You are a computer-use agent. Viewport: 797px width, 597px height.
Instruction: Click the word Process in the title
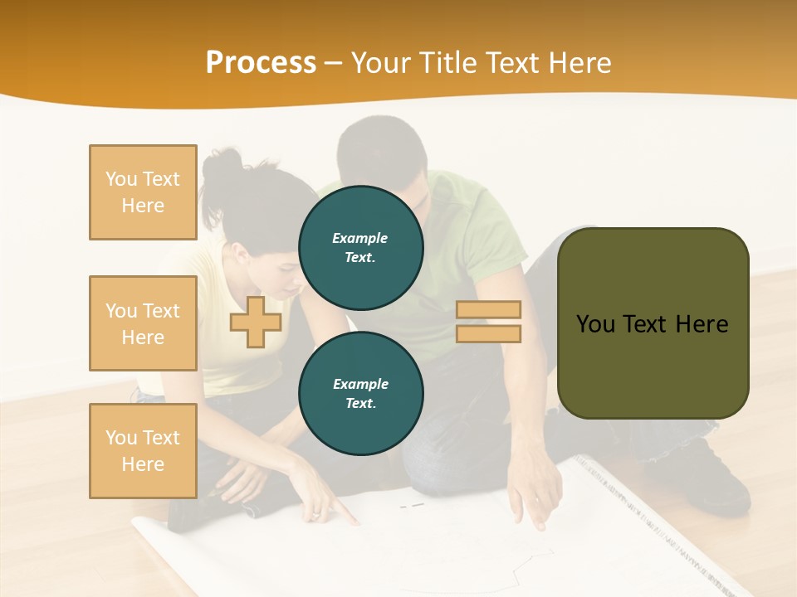click(x=261, y=63)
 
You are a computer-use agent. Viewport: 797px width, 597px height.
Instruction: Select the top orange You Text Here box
click(x=143, y=192)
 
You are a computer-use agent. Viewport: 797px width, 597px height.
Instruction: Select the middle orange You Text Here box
click(x=143, y=323)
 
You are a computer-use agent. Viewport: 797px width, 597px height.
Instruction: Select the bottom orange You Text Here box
click(x=143, y=451)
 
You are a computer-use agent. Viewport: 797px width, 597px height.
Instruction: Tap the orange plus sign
click(x=256, y=323)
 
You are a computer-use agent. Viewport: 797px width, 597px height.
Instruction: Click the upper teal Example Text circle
click(x=361, y=247)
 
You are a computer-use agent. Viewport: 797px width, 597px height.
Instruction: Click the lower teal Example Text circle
click(x=361, y=393)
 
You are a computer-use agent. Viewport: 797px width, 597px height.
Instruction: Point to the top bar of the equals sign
click(x=488, y=310)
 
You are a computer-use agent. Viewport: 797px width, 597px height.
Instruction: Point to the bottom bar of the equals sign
click(x=488, y=333)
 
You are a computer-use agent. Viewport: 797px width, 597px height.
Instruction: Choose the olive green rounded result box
click(x=653, y=323)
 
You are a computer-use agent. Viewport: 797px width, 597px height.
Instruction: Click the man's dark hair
click(x=382, y=145)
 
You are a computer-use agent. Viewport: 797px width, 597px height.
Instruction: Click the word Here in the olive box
click(x=702, y=324)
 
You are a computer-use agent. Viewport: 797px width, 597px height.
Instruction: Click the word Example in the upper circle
click(x=360, y=238)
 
